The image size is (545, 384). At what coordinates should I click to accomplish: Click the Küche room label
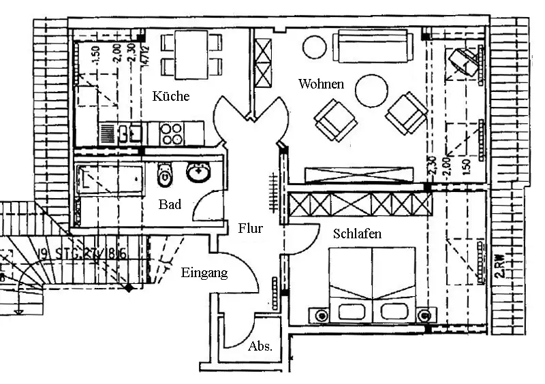coord(170,96)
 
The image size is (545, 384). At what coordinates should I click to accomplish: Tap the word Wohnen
coord(321,84)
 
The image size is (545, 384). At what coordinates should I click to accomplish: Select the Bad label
coord(170,204)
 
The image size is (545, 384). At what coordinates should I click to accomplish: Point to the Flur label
coord(250,229)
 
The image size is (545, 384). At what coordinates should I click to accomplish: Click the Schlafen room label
coord(357,234)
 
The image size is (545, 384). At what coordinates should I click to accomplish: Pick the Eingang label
coord(204,273)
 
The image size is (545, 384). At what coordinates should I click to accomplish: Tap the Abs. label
coord(261,346)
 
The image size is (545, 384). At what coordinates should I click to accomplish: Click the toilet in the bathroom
coord(164,176)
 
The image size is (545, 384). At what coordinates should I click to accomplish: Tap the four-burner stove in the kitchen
coord(172,132)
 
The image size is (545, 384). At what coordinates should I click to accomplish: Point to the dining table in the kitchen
coord(191,55)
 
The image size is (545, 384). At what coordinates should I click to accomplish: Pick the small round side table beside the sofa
coord(315,46)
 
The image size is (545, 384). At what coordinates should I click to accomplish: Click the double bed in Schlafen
coord(372,283)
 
